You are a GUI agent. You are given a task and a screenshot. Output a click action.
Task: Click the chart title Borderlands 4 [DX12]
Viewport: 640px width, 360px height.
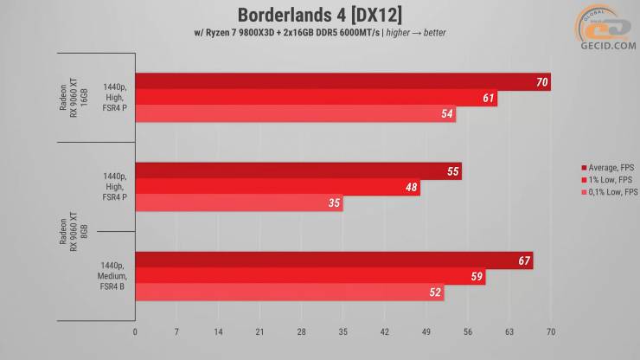pos(319,16)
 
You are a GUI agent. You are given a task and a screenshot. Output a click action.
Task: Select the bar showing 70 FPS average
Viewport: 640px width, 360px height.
pos(342,82)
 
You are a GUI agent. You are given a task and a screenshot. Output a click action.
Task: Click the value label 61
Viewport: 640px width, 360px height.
pos(490,99)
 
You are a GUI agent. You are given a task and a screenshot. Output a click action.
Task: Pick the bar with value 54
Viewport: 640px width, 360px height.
pos(295,114)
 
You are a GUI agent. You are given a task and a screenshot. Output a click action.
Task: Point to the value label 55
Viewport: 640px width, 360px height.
pos(452,171)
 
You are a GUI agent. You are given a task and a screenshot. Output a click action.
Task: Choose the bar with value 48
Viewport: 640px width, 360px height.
pos(278,188)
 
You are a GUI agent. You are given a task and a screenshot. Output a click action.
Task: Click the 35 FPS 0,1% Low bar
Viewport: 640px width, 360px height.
pos(239,203)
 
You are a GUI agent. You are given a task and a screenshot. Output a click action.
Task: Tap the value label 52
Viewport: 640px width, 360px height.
pos(434,292)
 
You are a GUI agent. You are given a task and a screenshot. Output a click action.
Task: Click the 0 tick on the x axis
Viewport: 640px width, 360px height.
pos(135,331)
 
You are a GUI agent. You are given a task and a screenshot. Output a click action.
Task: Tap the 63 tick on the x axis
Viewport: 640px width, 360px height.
pos(509,331)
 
